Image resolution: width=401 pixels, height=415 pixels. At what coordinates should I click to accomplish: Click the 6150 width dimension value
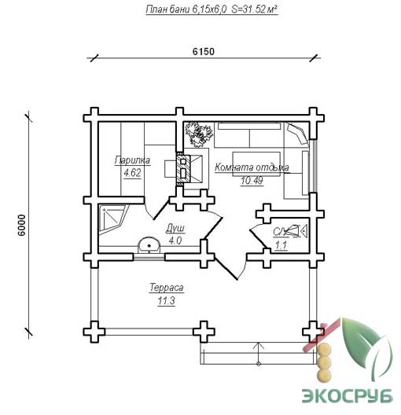[204, 51]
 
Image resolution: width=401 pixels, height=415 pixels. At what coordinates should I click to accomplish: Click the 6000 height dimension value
[22, 225]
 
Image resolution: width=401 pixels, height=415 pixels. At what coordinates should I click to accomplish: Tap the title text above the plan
[212, 9]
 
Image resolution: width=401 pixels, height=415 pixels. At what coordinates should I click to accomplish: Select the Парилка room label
[132, 160]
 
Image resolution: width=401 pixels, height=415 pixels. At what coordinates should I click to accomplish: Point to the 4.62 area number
[132, 173]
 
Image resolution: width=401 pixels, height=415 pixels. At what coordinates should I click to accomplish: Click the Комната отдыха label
[252, 167]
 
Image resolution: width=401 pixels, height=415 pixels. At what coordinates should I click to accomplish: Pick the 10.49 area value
[252, 181]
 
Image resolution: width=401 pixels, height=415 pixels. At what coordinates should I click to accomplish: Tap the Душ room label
[175, 228]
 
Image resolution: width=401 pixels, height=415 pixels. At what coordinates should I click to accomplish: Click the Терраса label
[167, 288]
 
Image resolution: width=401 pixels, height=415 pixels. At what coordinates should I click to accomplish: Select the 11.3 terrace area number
[166, 301]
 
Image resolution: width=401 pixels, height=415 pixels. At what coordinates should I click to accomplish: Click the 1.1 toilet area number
[281, 245]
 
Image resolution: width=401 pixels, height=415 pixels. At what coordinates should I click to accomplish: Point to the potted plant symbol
[198, 134]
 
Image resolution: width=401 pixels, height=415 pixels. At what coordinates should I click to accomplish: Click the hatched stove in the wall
[183, 167]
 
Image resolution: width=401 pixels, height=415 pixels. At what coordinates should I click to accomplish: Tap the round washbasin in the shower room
[149, 244]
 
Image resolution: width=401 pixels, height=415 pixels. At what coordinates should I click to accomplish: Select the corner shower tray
[112, 219]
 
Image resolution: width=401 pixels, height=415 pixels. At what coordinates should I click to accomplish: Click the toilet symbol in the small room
[296, 230]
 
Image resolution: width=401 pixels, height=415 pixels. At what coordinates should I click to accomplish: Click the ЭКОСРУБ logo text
[348, 395]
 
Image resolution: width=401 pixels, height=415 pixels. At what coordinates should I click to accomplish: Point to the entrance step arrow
[259, 353]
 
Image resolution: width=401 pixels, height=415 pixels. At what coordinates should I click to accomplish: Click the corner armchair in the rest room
[297, 133]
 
